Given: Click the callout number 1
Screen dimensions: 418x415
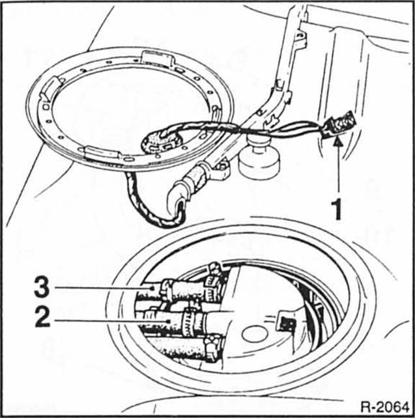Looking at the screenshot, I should [336, 210].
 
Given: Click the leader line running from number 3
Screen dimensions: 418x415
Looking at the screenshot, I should [98, 286].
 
